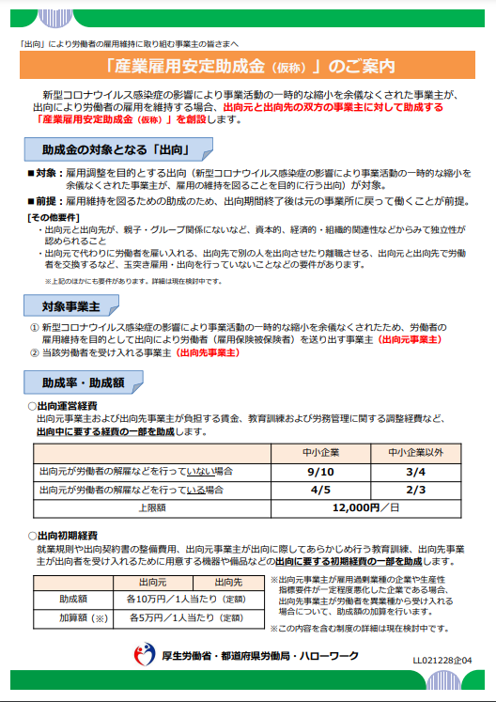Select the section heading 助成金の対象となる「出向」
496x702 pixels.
116,150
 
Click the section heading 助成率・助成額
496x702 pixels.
84,382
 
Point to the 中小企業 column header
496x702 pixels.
320,453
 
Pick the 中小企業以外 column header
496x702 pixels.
415,453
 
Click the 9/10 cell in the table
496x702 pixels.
320,472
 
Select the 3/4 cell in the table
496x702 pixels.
415,472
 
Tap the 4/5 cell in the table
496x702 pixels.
320,490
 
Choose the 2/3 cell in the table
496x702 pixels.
415,490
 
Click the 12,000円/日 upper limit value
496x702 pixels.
366,507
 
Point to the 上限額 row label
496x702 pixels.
152,507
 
